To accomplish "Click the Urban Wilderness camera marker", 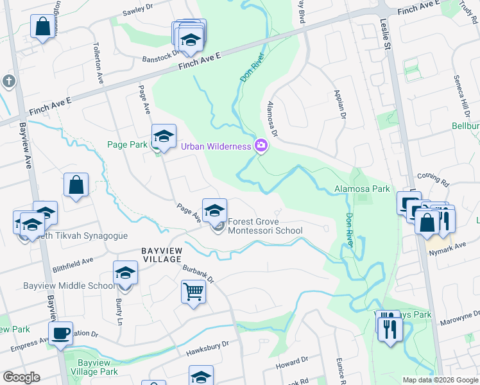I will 261,146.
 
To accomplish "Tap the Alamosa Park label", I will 362,189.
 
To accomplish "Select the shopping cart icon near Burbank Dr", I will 193,292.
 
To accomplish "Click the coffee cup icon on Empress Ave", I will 61,334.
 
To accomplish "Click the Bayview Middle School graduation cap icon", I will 126,273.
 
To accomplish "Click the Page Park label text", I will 127,145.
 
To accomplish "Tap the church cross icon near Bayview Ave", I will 8,81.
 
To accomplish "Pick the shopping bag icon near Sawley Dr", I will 42,27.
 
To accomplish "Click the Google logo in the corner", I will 21,377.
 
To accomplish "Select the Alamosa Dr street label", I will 272,119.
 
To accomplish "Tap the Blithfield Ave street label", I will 73,265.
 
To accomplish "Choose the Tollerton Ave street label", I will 99,64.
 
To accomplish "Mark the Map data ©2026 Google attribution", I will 440,380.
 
